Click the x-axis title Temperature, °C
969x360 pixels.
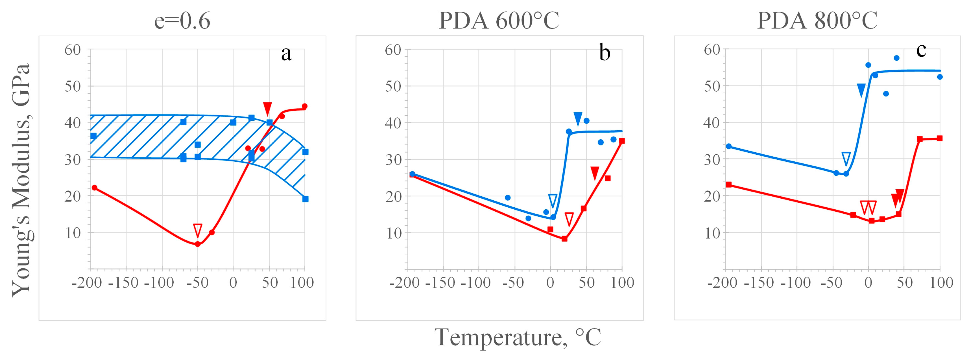pos(518,337)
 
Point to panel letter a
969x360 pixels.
pos(286,54)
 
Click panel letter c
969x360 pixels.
pos(921,50)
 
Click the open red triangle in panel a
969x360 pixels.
pos(197,230)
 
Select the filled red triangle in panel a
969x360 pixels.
pos(268,108)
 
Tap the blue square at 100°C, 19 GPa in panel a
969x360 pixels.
pos(305,199)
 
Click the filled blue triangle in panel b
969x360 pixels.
pos(578,118)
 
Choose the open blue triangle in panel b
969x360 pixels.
pos(553,201)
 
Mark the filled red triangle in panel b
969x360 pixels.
pos(595,173)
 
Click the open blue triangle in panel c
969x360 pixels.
pos(846,158)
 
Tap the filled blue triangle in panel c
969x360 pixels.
pos(861,90)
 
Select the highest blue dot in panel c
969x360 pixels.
pos(896,58)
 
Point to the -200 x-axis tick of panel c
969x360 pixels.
pos(722,283)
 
